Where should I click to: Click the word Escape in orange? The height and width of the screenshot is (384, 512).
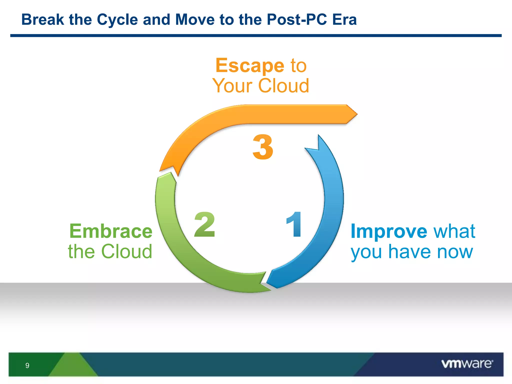pos(250,66)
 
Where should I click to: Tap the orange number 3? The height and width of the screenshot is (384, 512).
pos(263,147)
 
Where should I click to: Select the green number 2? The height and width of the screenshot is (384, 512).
pos(204,224)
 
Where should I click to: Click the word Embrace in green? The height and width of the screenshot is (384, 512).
pos(111,231)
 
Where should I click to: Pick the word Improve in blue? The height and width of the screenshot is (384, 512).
pos(389,232)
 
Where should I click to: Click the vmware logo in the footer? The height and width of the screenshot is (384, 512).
pos(467,364)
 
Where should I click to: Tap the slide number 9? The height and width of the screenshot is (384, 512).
pos(27,365)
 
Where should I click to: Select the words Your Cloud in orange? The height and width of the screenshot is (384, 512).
pos(261,86)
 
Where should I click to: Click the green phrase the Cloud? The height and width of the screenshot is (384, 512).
pos(110,251)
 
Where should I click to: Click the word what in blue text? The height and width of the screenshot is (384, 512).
pos(454,231)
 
